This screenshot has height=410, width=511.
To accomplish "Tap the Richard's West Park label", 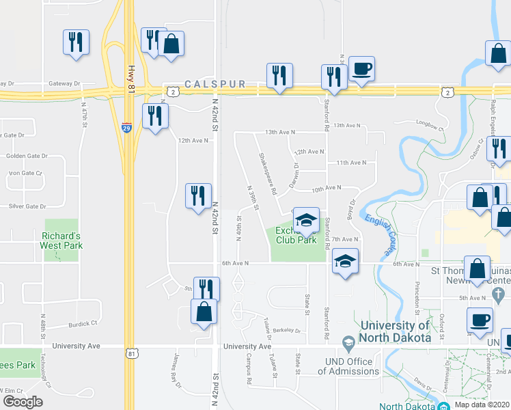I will pyautogui.click(x=61, y=241).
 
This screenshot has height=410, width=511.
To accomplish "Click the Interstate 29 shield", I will pyautogui.click(x=127, y=127).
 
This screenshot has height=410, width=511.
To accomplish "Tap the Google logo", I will pyautogui.click(x=23, y=402).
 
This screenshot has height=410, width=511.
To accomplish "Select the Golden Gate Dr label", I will pyautogui.click(x=26, y=156).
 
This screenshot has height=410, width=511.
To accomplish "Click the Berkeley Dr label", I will pyautogui.click(x=287, y=330).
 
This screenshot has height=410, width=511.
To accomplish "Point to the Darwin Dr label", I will pyautogui.click(x=294, y=176).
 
